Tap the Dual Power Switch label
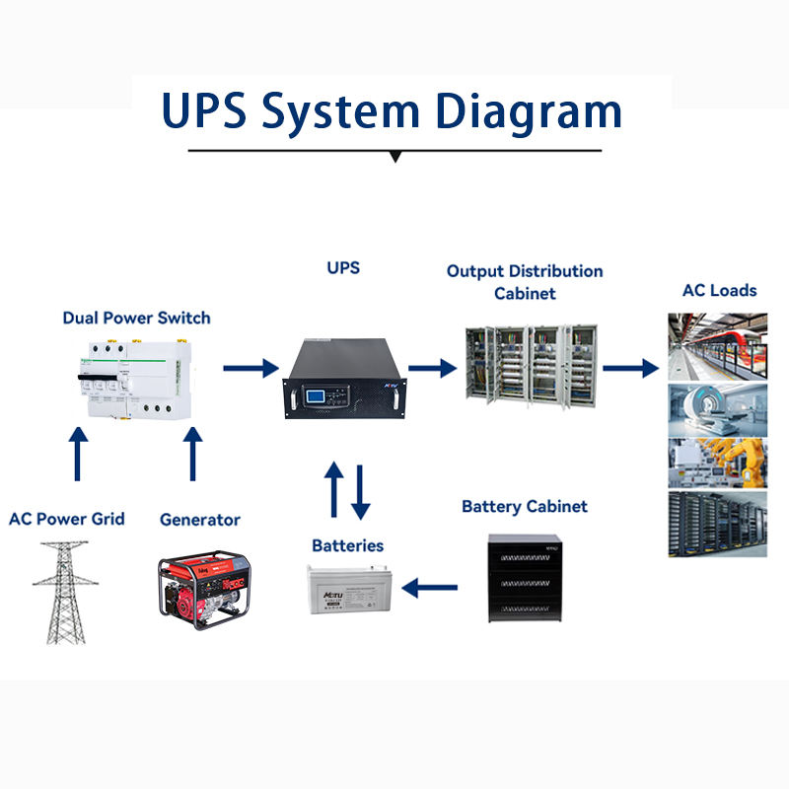136,318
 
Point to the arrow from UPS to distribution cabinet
432,368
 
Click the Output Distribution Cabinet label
525,281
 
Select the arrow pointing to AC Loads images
630,368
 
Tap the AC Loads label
720,290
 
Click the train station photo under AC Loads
718,345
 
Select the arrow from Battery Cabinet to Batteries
430,589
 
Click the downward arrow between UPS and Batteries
360,491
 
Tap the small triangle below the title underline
395,157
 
